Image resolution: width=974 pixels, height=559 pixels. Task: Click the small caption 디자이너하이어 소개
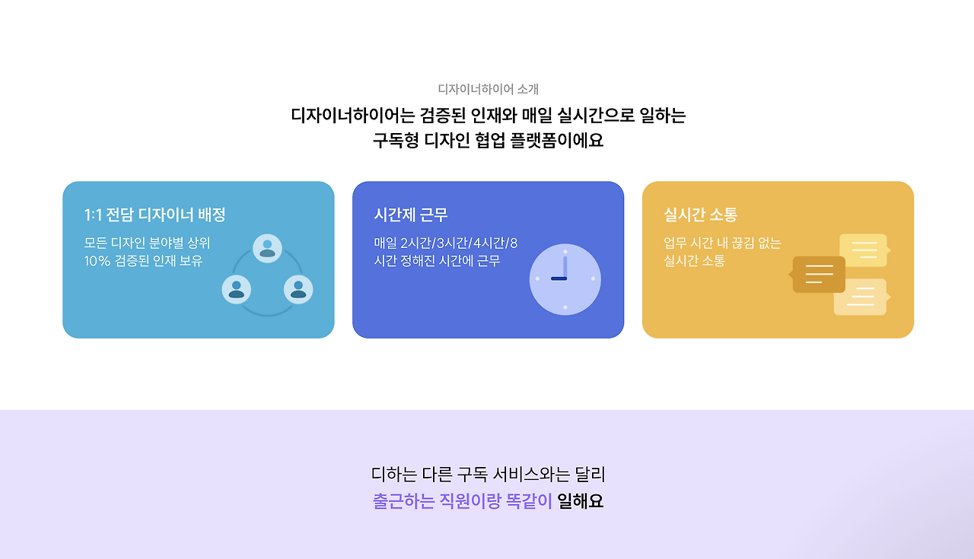pyautogui.click(x=488, y=89)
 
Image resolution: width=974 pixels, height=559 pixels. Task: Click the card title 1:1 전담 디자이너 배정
pyautogui.click(x=154, y=214)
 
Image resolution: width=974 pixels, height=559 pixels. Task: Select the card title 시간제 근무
pyautogui.click(x=410, y=214)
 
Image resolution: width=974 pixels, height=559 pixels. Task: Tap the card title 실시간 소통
pyautogui.click(x=700, y=214)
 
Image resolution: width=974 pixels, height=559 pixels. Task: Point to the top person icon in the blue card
pyautogui.click(x=267, y=249)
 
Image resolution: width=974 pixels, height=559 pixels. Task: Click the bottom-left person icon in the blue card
pyautogui.click(x=237, y=289)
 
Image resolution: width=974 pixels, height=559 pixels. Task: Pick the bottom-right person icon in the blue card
pyautogui.click(x=298, y=289)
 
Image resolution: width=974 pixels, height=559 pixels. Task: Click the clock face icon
pyautogui.click(x=565, y=279)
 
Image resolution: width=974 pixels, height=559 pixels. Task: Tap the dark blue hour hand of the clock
pyautogui.click(x=559, y=279)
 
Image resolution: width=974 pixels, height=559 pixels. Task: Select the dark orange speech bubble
pyautogui.click(x=819, y=274)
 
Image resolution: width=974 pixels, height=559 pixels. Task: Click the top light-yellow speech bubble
pyautogui.click(x=864, y=250)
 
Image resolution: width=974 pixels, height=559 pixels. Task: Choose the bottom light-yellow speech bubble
pyautogui.click(x=861, y=297)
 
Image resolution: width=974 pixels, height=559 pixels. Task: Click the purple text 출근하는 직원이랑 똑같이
pyautogui.click(x=462, y=502)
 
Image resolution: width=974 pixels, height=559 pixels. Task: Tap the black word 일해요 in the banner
pyautogui.click(x=580, y=502)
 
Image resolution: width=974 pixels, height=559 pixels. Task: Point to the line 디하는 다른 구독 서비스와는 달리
pyautogui.click(x=488, y=475)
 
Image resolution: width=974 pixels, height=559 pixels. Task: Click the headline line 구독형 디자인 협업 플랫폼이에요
pyautogui.click(x=488, y=141)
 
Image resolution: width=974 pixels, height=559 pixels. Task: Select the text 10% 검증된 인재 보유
pyautogui.click(x=143, y=261)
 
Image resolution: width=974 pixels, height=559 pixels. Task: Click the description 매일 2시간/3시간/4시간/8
pyautogui.click(x=445, y=243)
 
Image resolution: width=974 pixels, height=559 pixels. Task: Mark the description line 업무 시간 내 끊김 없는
pyautogui.click(x=722, y=243)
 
